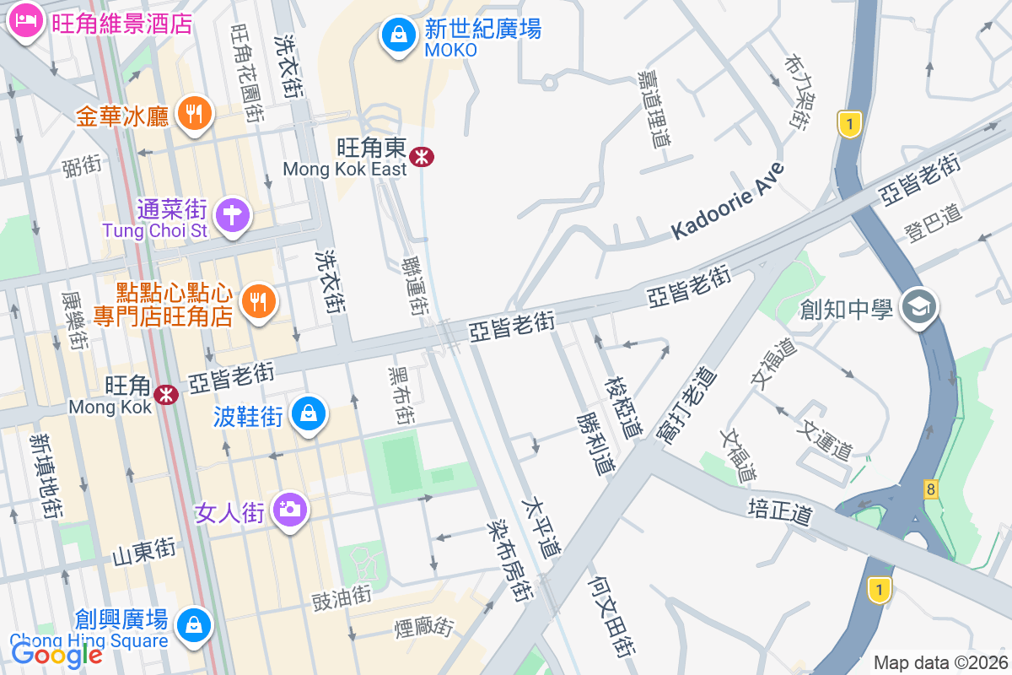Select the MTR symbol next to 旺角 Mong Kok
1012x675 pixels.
(x=165, y=392)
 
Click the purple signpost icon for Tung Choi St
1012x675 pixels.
(x=233, y=215)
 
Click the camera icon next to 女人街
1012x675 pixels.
(x=290, y=508)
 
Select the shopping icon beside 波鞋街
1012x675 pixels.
(x=310, y=413)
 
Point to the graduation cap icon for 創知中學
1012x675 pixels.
(x=918, y=305)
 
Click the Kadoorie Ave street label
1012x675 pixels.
(x=728, y=200)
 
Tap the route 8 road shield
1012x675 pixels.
(x=930, y=489)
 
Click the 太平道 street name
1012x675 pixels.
(x=541, y=528)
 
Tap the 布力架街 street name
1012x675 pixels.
(x=797, y=92)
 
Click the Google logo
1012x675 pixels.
(x=56, y=652)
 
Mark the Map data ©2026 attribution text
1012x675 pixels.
(x=939, y=662)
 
